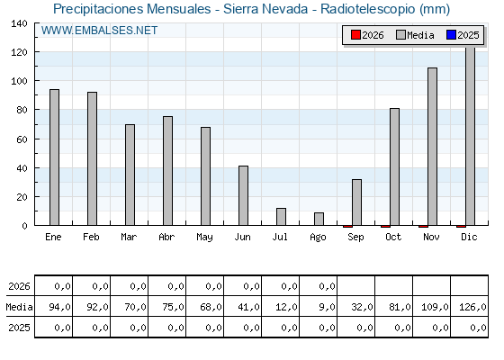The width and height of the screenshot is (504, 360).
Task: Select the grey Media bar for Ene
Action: [x=54, y=157]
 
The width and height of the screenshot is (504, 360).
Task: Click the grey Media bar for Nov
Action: [x=432, y=147]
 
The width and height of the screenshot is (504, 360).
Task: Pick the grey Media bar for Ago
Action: [x=319, y=219]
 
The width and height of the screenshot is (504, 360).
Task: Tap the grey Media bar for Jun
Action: [x=243, y=195]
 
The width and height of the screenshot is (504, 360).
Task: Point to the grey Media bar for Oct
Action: [x=394, y=166]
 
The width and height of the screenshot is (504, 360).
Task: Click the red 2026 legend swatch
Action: [x=355, y=35]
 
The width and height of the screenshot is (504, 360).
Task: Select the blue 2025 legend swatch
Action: [x=451, y=35]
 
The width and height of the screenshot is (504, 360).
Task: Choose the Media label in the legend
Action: [x=420, y=35]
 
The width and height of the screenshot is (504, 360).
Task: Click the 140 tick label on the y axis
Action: [x=19, y=23]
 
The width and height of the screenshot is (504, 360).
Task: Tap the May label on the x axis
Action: [x=204, y=238]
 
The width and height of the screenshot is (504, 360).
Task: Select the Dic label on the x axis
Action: [x=469, y=237]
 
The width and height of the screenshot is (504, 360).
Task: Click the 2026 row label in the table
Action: [x=19, y=286]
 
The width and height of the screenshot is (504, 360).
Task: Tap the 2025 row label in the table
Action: [x=19, y=328]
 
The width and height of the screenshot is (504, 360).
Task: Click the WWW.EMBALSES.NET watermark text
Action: [x=99, y=31]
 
